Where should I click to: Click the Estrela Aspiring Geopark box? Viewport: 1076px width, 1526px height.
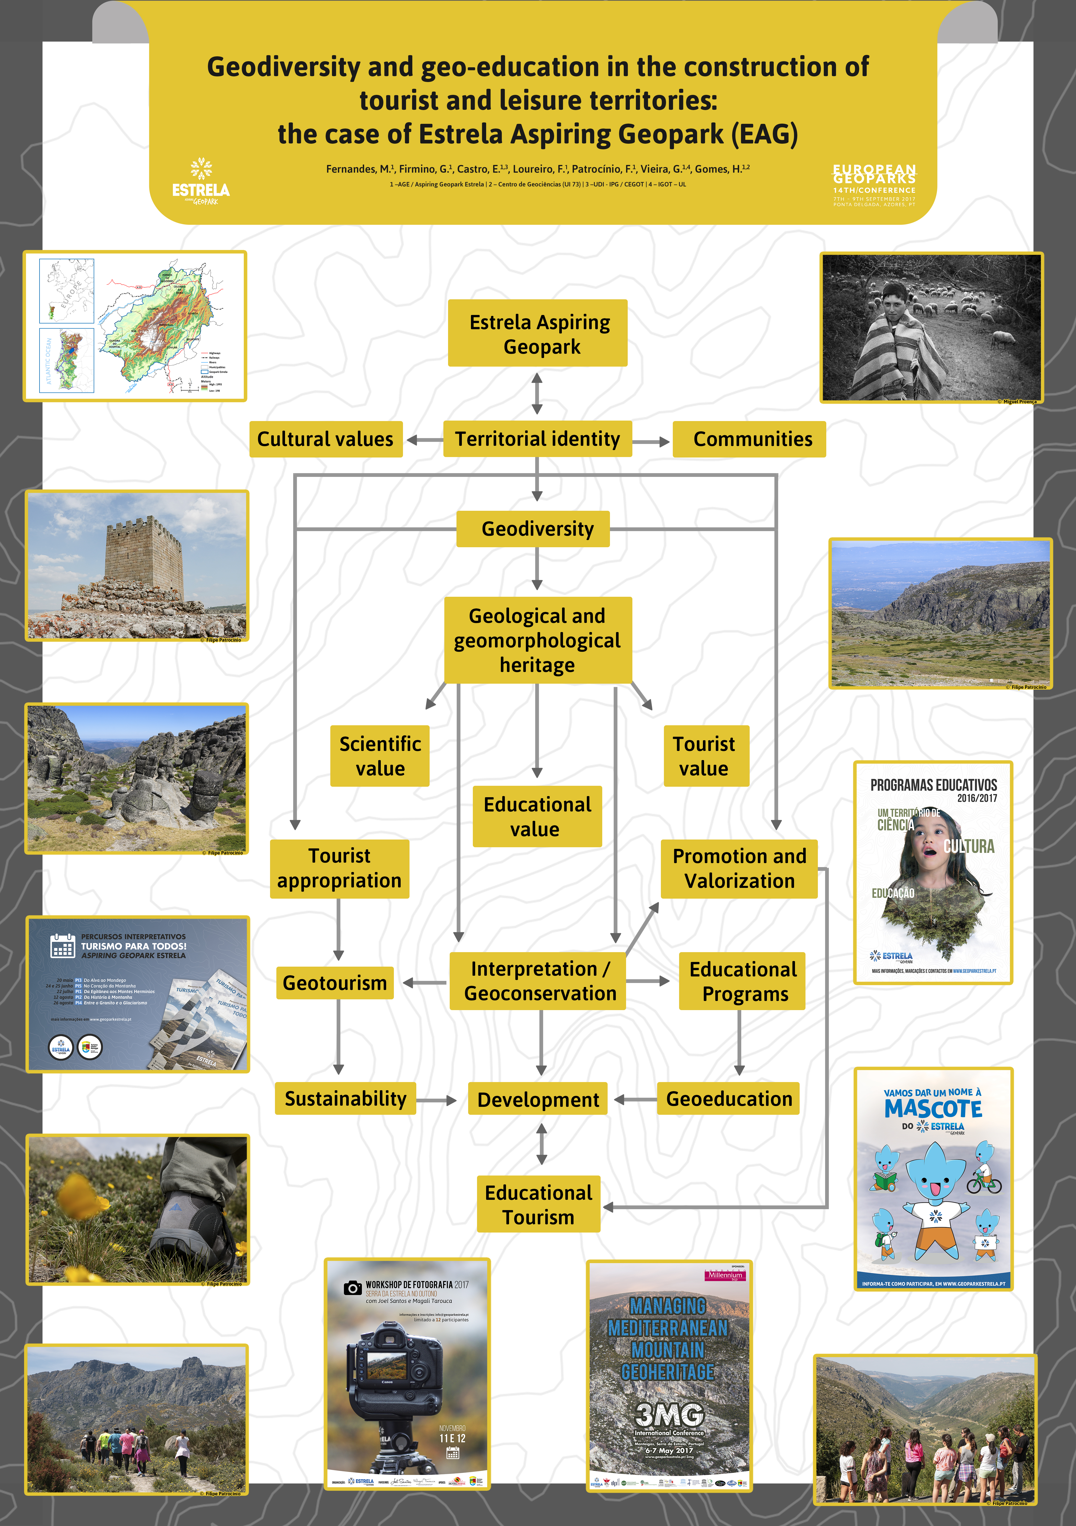(538, 333)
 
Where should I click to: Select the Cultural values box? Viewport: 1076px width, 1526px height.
(326, 439)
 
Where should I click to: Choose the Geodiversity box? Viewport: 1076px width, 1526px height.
(533, 529)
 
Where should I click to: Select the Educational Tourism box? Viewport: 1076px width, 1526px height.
(538, 1204)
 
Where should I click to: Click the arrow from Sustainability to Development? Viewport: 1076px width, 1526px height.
(436, 1101)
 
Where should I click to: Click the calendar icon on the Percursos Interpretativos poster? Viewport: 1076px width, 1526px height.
(62, 946)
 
